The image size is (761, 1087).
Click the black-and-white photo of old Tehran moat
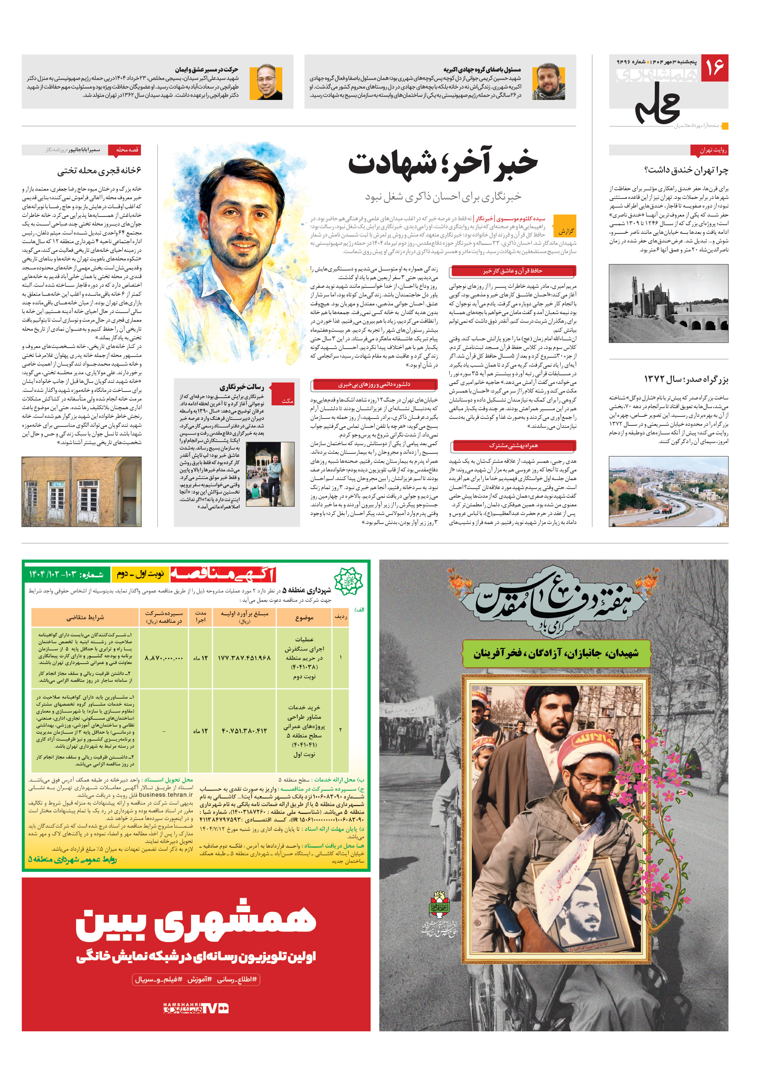(668, 303)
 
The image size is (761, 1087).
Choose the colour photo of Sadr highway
(668, 491)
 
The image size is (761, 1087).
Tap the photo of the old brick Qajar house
(81, 491)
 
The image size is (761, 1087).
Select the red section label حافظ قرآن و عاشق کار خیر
(513, 271)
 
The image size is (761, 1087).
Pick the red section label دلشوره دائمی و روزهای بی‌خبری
(374, 385)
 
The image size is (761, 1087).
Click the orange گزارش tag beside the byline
(565, 231)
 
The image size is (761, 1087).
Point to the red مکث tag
(287, 400)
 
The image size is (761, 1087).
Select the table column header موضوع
(304, 617)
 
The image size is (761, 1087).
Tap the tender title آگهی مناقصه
(222, 574)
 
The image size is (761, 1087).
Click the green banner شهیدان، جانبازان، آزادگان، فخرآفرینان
(556, 653)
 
